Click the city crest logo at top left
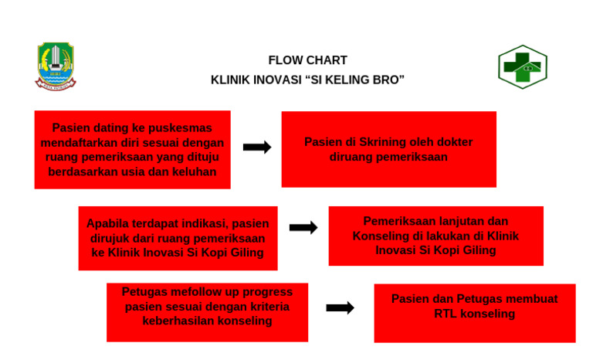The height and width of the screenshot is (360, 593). [x=55, y=66]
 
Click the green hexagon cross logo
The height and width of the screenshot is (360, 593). [x=522, y=67]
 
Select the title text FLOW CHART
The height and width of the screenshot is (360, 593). [x=307, y=60]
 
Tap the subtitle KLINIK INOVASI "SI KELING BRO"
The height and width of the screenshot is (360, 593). [x=307, y=80]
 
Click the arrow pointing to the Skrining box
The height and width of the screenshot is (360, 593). [x=257, y=148]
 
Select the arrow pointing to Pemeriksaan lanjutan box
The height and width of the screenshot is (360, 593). [x=303, y=228]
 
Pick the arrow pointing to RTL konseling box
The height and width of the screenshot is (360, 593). [x=340, y=307]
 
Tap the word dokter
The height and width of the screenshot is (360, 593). [x=454, y=142]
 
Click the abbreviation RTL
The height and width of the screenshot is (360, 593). [x=446, y=314]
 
